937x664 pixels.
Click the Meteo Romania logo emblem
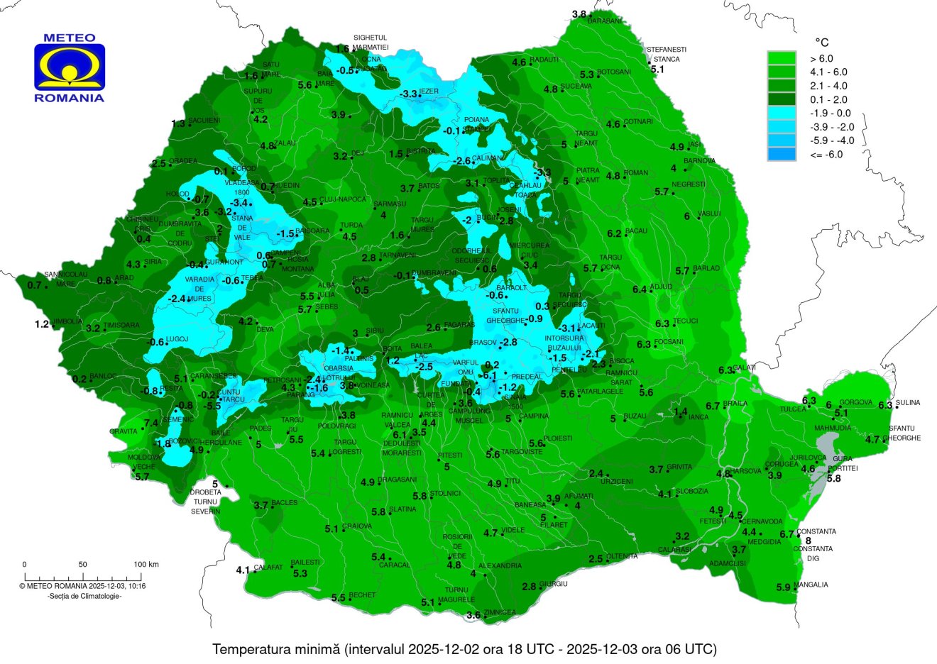pyautogui.click(x=70, y=67)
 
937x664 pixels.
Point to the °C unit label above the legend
pyautogui.click(x=821, y=43)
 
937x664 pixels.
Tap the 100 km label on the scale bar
pyautogui.click(x=146, y=565)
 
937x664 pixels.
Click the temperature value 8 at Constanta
pyautogui.click(x=808, y=541)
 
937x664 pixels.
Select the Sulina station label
pyautogui.click(x=908, y=403)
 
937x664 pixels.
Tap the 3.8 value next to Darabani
pyautogui.click(x=579, y=14)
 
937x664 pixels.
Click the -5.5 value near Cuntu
pyautogui.click(x=212, y=406)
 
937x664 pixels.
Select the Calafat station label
pyautogui.click(x=269, y=568)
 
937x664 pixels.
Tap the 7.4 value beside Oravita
pyautogui.click(x=151, y=424)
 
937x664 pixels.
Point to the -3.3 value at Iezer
pyautogui.click(x=408, y=94)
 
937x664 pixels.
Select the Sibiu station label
pyautogui.click(x=375, y=331)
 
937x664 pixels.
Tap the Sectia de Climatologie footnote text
pyautogui.click(x=84, y=597)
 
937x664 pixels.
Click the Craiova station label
pyautogui.click(x=357, y=526)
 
